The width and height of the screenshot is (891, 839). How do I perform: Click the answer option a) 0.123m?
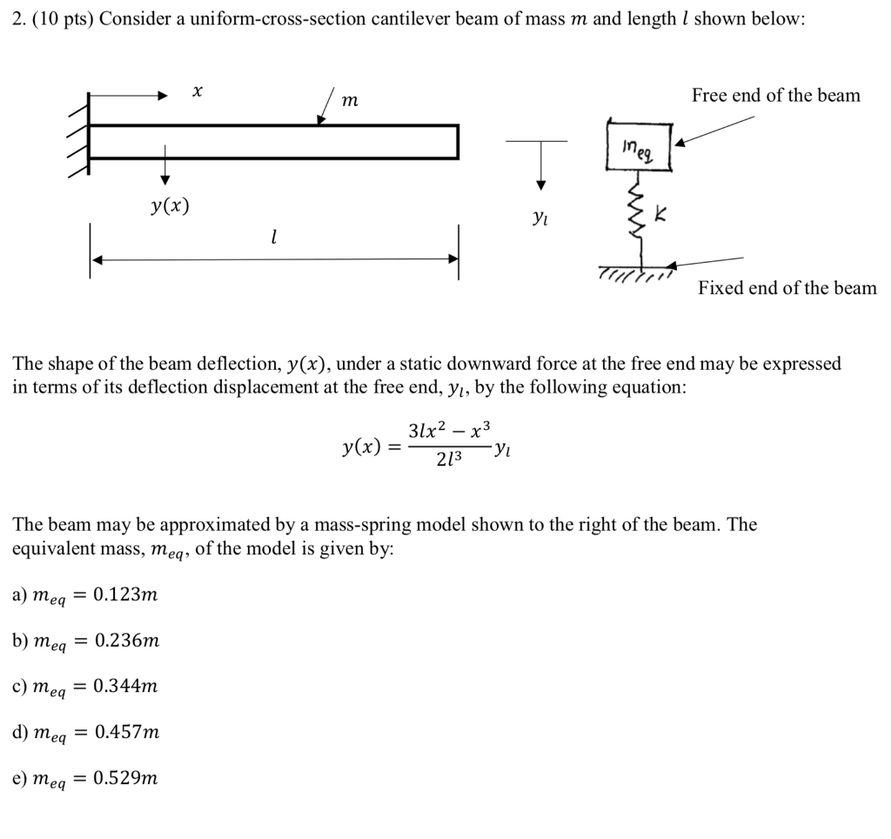84,595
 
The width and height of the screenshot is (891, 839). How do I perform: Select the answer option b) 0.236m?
85,641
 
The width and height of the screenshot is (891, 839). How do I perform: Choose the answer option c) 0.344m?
84,687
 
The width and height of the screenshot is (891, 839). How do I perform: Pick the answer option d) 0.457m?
85,733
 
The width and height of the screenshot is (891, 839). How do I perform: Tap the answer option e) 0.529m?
84,778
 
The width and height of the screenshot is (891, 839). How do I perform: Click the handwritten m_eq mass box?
645,149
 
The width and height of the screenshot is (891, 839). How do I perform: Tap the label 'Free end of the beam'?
775,96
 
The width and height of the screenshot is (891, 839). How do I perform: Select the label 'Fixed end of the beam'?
787,288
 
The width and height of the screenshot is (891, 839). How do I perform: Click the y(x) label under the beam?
168,207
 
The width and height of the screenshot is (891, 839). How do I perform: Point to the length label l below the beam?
274,236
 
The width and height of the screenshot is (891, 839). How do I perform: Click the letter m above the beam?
349,102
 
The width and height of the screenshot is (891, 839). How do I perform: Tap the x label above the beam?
198,91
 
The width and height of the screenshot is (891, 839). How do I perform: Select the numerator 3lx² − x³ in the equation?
449,430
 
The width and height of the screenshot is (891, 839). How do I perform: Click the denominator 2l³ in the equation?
450,460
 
